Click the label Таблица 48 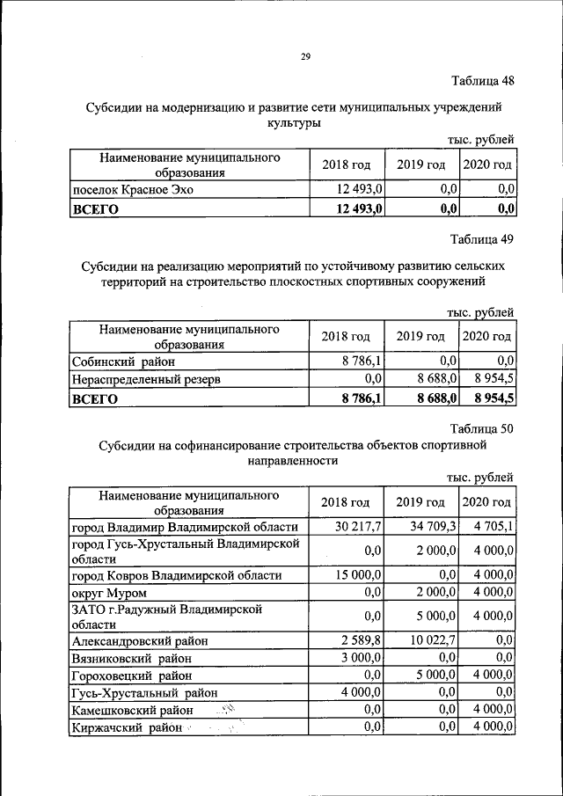(x=482, y=82)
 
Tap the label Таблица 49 (x=482, y=239)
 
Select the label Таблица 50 (x=482, y=428)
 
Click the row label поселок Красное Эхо (x=132, y=189)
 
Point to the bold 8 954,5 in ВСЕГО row (x=494, y=398)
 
